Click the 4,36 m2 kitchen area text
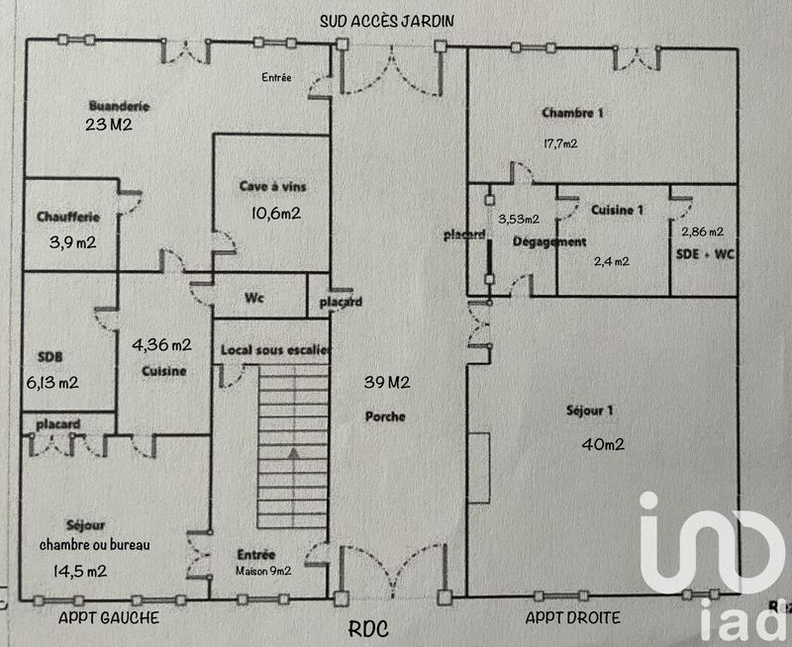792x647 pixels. click(162, 344)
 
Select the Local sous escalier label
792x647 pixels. click(275, 349)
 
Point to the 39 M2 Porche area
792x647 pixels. click(384, 383)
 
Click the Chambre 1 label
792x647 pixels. click(572, 113)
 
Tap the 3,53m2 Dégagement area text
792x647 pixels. click(518, 219)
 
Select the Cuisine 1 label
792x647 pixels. click(617, 210)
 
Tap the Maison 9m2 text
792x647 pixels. click(262, 571)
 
